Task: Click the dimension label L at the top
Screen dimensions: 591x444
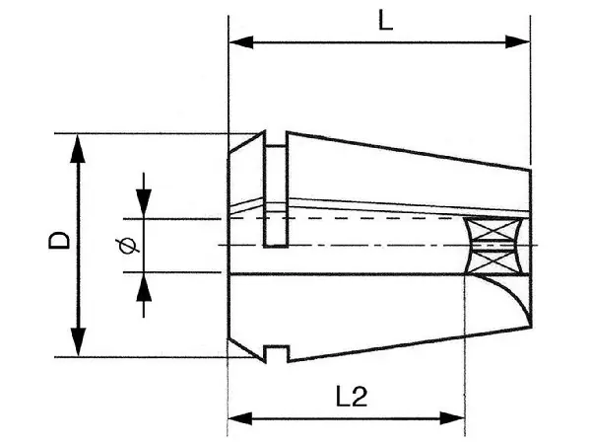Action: (x=385, y=22)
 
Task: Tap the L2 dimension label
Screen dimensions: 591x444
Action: (x=352, y=397)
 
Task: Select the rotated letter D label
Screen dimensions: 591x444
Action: (x=59, y=241)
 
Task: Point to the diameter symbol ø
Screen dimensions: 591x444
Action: (x=128, y=246)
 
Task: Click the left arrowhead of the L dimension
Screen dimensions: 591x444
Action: (x=241, y=41)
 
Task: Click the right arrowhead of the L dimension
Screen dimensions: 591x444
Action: (x=517, y=41)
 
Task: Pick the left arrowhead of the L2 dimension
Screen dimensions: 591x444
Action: (x=240, y=418)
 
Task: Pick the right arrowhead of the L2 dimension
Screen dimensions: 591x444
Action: (x=453, y=418)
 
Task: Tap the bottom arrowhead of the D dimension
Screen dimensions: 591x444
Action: (x=78, y=341)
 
